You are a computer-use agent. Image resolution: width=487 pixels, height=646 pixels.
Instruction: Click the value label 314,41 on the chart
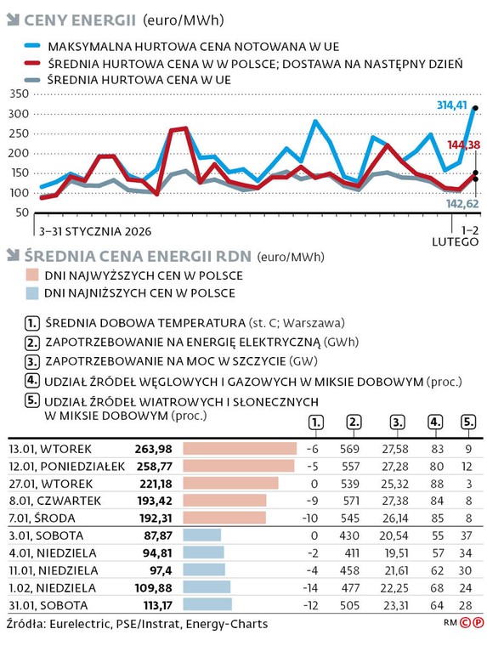pyautogui.click(x=451, y=105)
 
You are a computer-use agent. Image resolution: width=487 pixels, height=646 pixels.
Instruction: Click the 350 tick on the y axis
pyautogui.click(x=20, y=93)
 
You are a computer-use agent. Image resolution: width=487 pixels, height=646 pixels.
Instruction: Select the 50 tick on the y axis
pyautogui.click(x=22, y=212)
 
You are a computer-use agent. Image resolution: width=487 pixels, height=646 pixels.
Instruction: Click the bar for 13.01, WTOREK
pyautogui.click(x=239, y=448)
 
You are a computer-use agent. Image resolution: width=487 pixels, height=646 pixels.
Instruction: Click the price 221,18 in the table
pyautogui.click(x=154, y=483)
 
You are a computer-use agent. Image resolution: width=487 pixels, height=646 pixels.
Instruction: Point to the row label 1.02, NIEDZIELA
pyautogui.click(x=50, y=586)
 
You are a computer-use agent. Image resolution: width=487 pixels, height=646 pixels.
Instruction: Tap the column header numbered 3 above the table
pyautogui.click(x=396, y=421)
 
